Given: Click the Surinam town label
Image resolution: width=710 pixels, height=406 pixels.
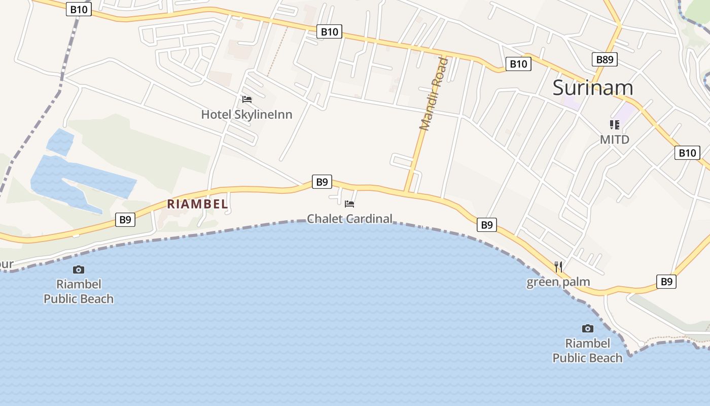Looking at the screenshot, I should [x=592, y=88].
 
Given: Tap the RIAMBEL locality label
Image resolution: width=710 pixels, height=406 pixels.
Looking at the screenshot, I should [x=198, y=204].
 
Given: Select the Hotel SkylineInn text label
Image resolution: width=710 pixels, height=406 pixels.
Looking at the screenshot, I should [x=246, y=115].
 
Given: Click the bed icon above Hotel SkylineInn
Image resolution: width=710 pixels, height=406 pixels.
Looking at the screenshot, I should [x=247, y=99].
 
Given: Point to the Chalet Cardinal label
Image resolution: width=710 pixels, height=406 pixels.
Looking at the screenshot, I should [x=349, y=219].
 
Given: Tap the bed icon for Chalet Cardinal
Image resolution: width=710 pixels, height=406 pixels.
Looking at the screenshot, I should [x=349, y=204].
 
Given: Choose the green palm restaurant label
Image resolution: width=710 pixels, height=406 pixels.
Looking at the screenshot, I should [x=558, y=282].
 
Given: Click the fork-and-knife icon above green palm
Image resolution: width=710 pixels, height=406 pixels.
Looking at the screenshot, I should [x=558, y=267].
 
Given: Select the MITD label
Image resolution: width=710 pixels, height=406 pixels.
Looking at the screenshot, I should [x=615, y=139].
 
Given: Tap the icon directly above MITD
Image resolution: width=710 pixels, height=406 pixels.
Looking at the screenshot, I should [x=615, y=125].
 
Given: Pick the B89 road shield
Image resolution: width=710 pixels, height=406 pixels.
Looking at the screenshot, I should [x=605, y=59].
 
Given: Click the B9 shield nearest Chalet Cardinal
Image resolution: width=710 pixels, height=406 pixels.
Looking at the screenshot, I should [x=322, y=182].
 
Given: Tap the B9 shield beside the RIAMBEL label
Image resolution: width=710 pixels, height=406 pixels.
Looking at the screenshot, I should [x=125, y=220].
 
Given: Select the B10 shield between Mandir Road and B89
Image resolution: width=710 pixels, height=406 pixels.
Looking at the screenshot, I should [x=518, y=64].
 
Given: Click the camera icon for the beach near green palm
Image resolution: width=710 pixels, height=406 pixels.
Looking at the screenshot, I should [x=587, y=328].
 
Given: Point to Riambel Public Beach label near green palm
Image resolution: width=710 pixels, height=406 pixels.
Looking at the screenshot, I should [x=587, y=351].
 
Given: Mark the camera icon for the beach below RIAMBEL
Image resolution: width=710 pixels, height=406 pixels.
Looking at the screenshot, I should [x=79, y=269].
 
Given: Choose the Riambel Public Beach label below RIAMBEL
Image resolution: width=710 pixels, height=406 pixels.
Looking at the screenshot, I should [x=79, y=291].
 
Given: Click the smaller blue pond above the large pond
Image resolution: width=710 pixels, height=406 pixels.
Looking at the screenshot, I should [x=60, y=142].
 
